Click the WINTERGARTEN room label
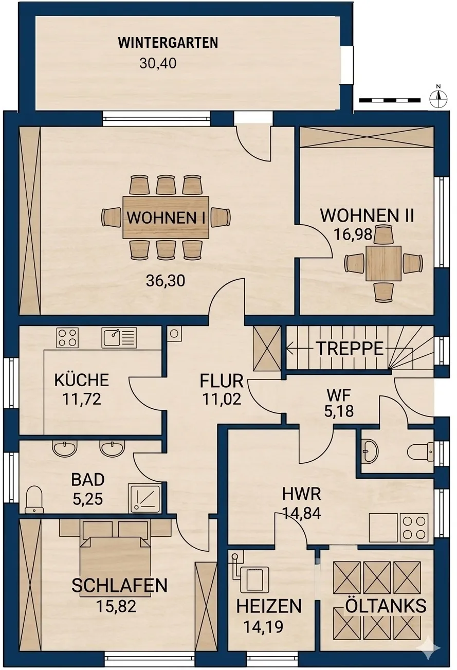pyautogui.click(x=168, y=43)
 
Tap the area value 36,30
pyautogui.click(x=166, y=281)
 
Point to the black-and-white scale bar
pyautogui.click(x=390, y=100)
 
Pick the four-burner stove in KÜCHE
pyautogui.click(x=67, y=338)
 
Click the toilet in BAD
pyautogui.click(x=34, y=499)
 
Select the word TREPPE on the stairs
pyautogui.click(x=350, y=348)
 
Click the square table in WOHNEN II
pyautogui.click(x=383, y=263)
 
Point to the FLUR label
pyautogui.click(x=222, y=381)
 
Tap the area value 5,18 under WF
pyautogui.click(x=339, y=411)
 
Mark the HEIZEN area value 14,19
pyautogui.click(x=263, y=626)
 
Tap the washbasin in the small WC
pyautogui.click(x=370, y=451)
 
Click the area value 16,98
pyautogui.click(x=353, y=234)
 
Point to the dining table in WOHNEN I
pyautogui.click(x=166, y=217)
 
